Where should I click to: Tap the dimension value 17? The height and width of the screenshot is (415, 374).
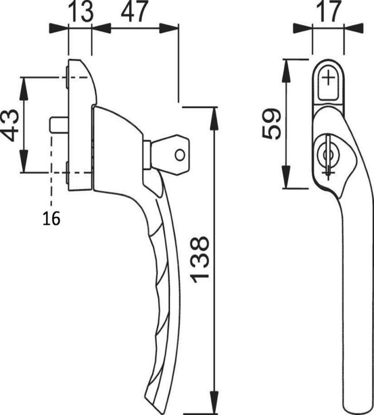point(328,11)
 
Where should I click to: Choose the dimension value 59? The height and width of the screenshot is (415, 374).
point(271,124)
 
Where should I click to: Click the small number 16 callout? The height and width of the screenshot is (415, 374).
point(51,218)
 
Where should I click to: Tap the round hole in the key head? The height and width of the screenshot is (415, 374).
point(180,155)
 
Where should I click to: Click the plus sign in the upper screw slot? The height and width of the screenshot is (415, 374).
point(328,78)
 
